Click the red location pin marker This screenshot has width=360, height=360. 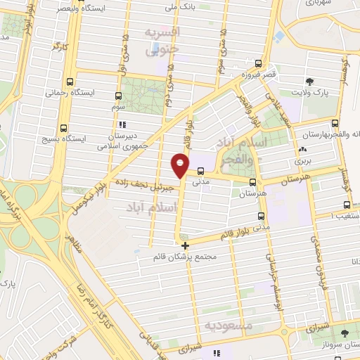point(179,166)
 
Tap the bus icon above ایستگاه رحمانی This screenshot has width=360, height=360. point(70,81)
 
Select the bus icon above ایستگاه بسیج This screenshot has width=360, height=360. point(65,128)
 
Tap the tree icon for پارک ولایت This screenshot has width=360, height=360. point(309,81)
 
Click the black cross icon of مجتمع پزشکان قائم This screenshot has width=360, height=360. point(185,246)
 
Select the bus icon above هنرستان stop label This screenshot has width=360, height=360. point(252,180)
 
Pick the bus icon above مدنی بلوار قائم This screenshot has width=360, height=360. point(261,216)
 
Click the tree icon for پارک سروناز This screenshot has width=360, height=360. point(345,334)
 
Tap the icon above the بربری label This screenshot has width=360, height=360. point(302,150)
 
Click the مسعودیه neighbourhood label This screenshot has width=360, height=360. point(226,325)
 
